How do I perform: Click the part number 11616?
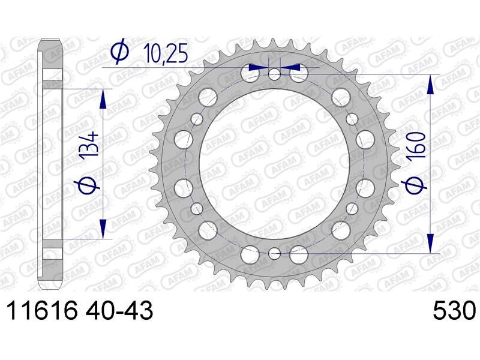[42, 311]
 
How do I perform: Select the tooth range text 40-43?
[119, 311]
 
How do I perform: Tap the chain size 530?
[455, 311]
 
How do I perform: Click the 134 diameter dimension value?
[89, 145]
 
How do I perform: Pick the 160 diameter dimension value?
[416, 146]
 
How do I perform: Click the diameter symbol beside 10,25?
[119, 51]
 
